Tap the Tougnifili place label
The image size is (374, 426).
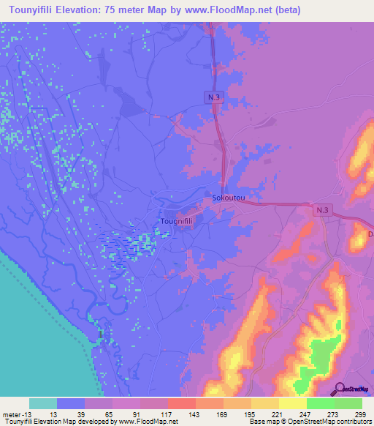(x=175, y=220)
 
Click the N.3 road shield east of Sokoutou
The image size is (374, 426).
(x=324, y=210)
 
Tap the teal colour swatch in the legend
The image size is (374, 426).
(x=43, y=403)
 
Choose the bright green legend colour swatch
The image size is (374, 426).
(x=321, y=403)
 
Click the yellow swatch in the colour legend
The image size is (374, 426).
(x=265, y=403)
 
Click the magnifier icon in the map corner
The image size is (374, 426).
(x=338, y=389)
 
